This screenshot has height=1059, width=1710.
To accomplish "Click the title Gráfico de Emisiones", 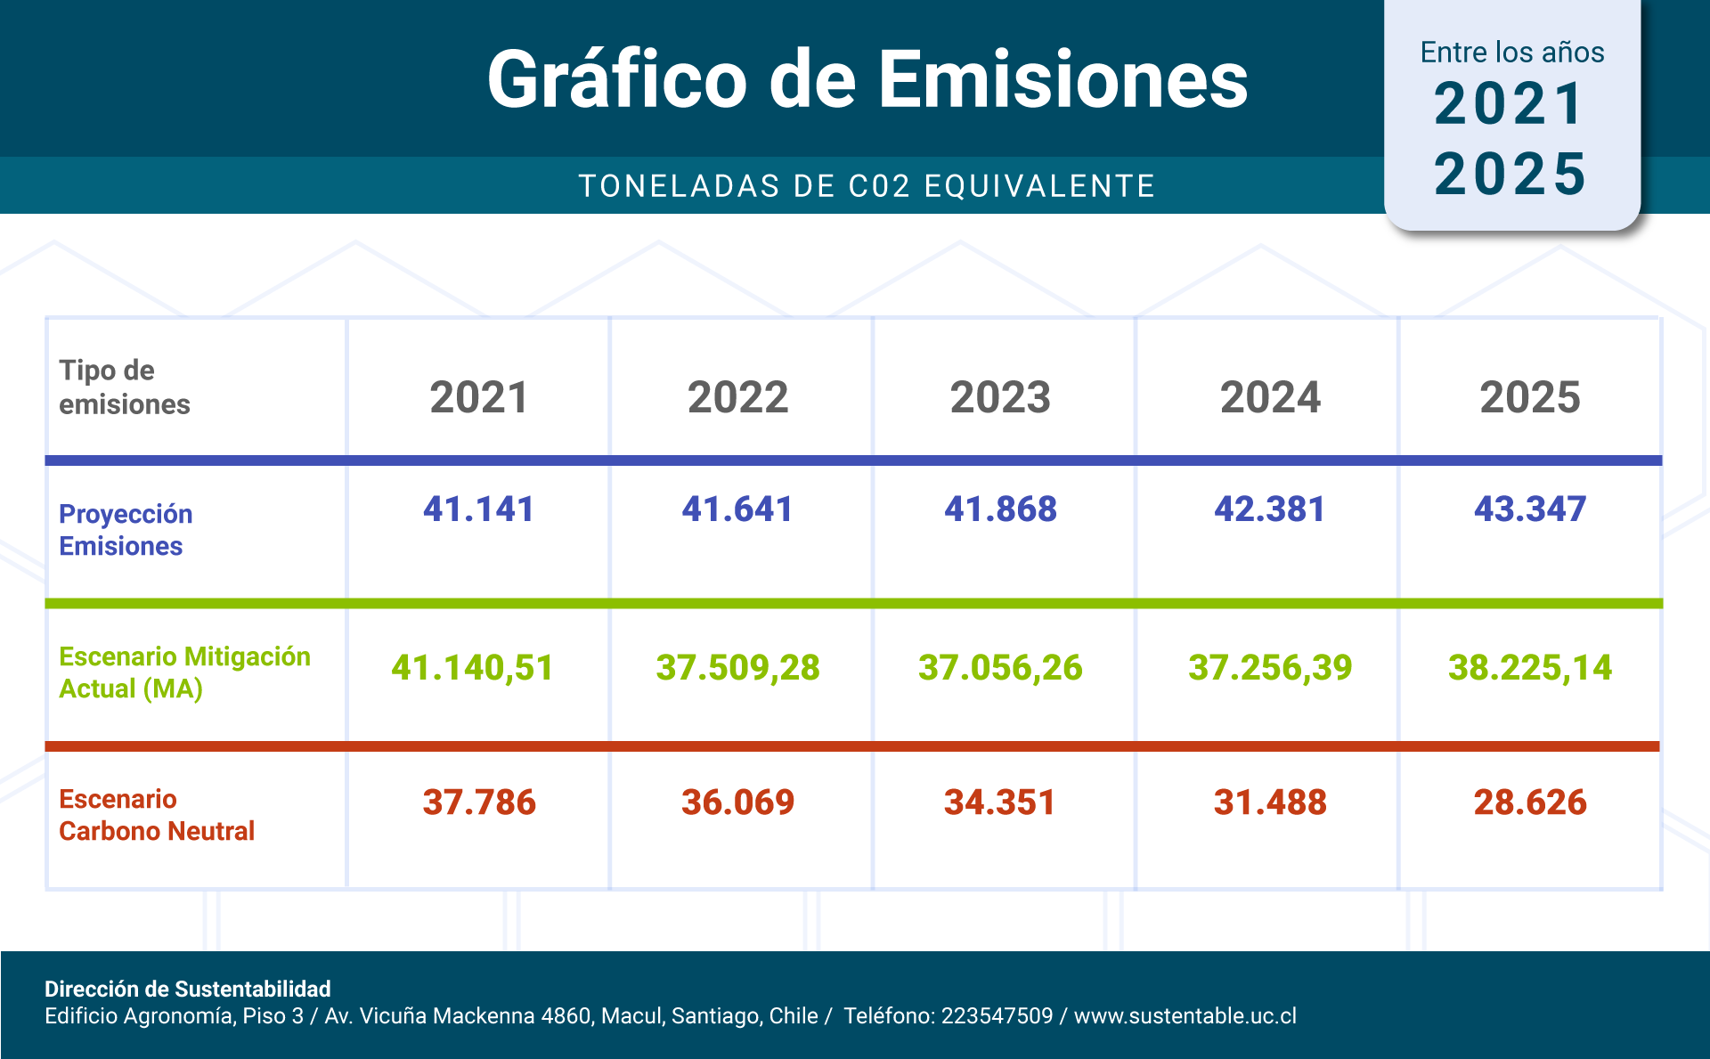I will tap(867, 80).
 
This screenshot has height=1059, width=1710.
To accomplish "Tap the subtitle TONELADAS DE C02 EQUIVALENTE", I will tap(867, 186).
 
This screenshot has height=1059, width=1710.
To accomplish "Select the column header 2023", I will tap(1000, 397).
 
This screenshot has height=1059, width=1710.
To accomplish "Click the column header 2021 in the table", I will tap(479, 397).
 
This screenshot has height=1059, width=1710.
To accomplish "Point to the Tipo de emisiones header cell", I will tap(125, 387).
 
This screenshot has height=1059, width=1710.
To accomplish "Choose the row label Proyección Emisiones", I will tap(126, 530).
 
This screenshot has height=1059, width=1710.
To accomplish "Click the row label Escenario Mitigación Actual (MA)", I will tap(184, 672).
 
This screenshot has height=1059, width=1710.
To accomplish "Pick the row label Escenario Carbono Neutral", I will tap(157, 815).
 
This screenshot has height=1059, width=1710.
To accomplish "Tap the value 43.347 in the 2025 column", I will tap(1530, 509).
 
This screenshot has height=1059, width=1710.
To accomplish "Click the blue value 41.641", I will tap(737, 509).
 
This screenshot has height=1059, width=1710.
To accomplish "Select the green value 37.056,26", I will tap(1000, 668).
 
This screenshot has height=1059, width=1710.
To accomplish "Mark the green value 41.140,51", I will tap(473, 668).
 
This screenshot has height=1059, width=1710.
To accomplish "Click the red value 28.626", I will tap(1530, 802).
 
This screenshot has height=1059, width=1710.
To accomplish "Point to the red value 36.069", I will tap(737, 802).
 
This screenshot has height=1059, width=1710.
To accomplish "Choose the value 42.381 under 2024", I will tap(1270, 509).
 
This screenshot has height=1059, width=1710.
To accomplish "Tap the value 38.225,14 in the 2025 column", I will tap(1530, 668).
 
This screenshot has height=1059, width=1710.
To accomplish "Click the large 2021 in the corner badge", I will tap(1510, 104).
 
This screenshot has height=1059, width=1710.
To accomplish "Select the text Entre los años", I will tap(1512, 53).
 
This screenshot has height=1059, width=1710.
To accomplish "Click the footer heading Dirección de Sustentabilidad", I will tap(188, 989).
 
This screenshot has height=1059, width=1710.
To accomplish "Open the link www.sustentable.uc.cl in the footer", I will tap(1185, 1016).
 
